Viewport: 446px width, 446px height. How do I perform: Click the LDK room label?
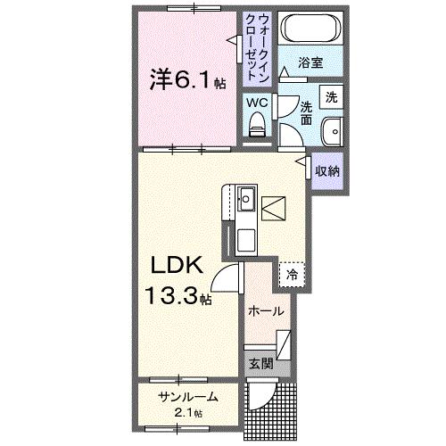[176, 266]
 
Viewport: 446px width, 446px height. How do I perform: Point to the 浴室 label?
[310, 64]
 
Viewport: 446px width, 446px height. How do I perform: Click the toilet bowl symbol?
[259, 123]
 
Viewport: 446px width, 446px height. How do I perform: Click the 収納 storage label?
[327, 170]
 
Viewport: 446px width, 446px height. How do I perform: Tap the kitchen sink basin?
[245, 198]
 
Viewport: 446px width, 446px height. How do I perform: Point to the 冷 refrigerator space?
[291, 276]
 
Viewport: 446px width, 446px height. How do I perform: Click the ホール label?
[266, 311]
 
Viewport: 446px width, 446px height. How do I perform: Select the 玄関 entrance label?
[260, 364]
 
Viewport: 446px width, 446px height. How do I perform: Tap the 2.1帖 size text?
[188, 414]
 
